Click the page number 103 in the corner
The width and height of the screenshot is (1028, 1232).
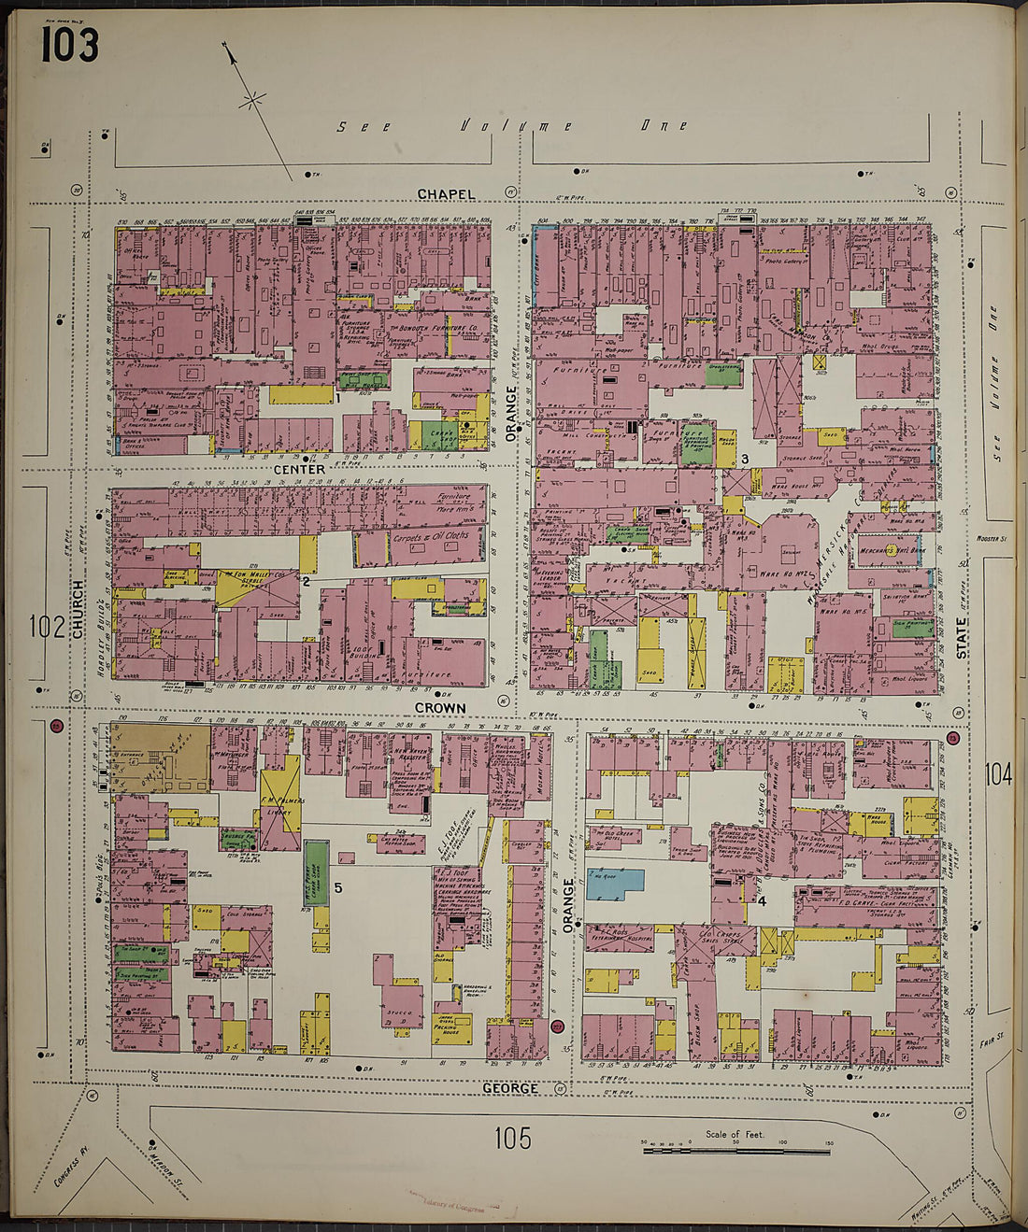pos(69,44)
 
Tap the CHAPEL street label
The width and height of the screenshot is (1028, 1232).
pos(446,194)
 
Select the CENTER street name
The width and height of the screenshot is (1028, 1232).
pos(300,469)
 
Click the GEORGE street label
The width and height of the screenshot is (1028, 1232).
pos(510,1088)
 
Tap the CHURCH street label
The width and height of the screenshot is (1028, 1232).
pos(78,609)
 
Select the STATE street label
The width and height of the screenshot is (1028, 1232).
pos(962,638)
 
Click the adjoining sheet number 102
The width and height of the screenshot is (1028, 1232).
pos(46,627)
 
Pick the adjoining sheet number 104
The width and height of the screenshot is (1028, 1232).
pos(997,773)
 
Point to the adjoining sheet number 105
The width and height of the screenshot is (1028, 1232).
pos(513,1137)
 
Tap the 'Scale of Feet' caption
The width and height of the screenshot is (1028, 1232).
pos(735,1135)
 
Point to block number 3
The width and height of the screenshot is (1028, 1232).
pos(745,459)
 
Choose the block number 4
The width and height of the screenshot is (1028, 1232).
pos(762,901)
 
